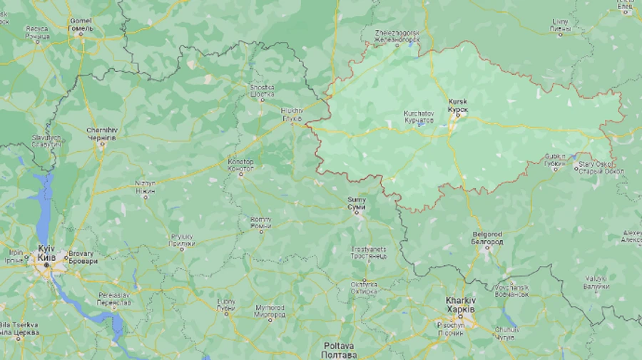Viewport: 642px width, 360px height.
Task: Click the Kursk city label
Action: point(458,106)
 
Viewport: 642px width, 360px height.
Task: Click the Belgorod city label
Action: point(487,237)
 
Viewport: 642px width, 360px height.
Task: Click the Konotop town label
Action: point(240,165)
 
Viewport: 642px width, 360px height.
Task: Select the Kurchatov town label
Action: point(418,116)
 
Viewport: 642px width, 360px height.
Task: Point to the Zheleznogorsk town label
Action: point(397,36)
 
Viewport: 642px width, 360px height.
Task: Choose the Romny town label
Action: point(260,222)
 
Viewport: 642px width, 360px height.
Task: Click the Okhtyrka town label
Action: point(363,287)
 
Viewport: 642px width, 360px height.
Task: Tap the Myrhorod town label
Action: point(270,311)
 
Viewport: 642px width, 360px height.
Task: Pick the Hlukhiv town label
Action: point(292,113)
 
